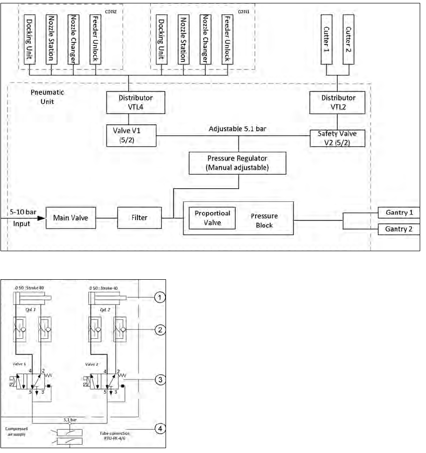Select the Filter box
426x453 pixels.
click(x=139, y=218)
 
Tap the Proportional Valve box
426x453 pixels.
click(x=212, y=217)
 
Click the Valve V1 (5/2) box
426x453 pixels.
click(x=131, y=135)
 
